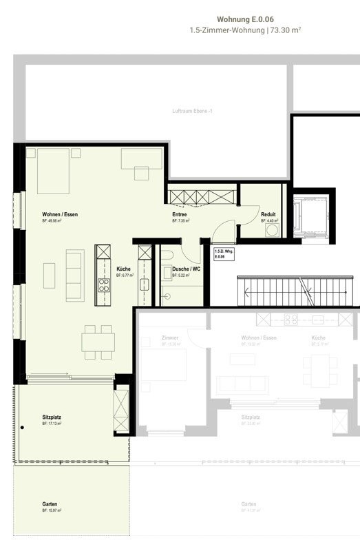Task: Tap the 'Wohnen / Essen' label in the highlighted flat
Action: pos(60,215)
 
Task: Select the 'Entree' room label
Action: pos(180,215)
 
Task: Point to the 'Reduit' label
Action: pos(268,215)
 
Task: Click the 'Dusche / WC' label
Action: pos(186,269)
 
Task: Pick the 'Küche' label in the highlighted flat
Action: pos(123,269)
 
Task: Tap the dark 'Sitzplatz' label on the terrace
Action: pos(52,417)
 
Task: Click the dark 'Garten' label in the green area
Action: pos(50,503)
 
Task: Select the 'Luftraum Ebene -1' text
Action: pos(192,111)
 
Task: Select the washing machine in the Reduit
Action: pos(271,230)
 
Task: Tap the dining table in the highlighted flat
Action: pos(97,342)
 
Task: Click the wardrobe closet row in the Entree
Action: pos(202,198)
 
